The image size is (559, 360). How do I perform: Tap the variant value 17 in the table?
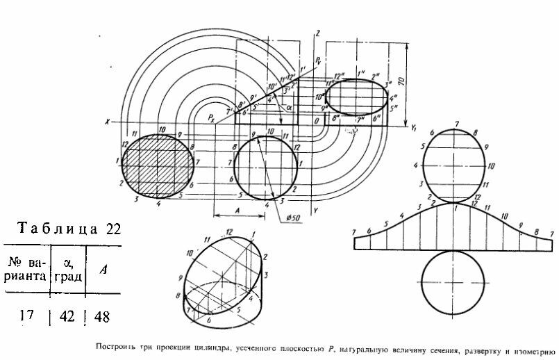[x=26, y=316]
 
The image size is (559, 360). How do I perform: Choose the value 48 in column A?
[x=101, y=316]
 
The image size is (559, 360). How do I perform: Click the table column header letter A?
[x=101, y=270]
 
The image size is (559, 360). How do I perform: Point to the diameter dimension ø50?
[x=293, y=220]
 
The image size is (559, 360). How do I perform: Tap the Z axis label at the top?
[x=317, y=33]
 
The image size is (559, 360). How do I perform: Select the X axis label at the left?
[x=107, y=122]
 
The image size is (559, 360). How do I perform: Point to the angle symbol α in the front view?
[x=291, y=108]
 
